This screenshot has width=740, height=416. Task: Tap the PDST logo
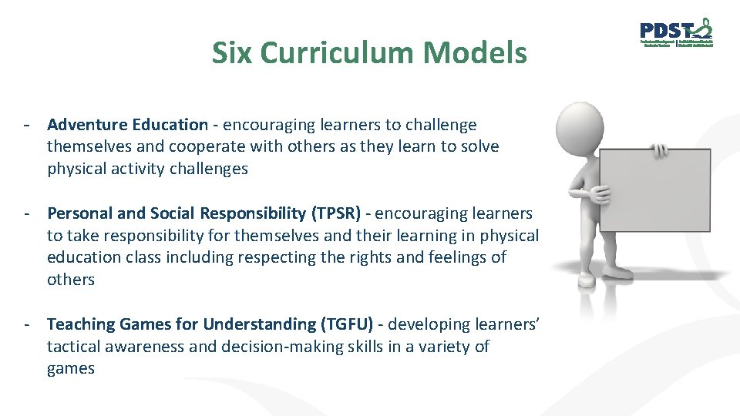[676, 32]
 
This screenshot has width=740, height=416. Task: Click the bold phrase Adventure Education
[127, 125]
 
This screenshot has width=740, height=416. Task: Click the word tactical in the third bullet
[76, 347]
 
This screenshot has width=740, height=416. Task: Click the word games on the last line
[70, 368]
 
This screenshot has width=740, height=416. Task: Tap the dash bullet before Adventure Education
[27, 125]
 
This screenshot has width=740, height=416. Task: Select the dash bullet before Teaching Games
[27, 324]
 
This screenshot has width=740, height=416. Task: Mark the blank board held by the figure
[655, 188]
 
